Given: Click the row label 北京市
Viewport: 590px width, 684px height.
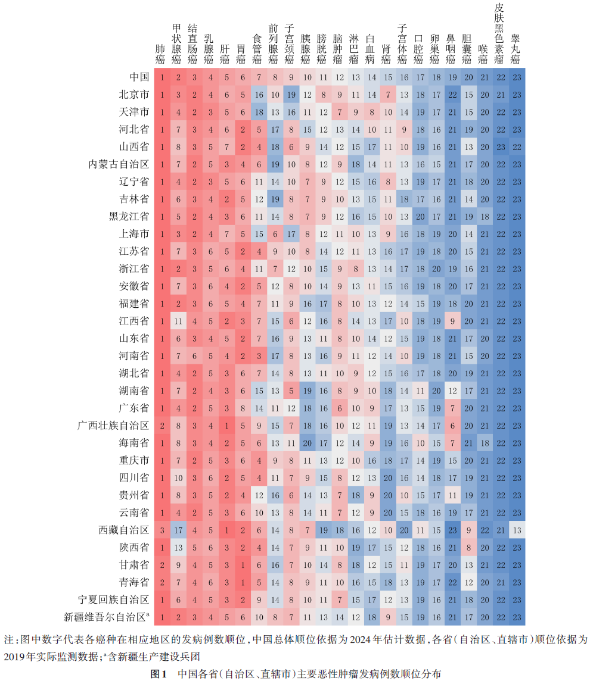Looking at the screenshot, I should [x=134, y=95].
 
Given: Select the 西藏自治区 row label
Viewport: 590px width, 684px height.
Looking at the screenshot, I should [x=123, y=530].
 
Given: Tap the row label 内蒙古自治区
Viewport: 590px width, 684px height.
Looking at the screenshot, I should [x=118, y=164].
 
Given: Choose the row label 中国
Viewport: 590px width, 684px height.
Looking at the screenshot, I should [x=139, y=77].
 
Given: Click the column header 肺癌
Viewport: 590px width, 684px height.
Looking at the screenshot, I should [x=161, y=54].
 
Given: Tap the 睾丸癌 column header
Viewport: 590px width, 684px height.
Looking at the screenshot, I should [x=516, y=48].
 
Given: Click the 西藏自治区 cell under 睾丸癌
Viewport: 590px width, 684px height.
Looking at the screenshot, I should [x=516, y=530].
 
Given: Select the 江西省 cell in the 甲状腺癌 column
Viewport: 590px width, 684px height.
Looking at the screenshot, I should [x=177, y=321].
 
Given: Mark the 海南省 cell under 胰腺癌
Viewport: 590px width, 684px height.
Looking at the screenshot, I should [x=306, y=443].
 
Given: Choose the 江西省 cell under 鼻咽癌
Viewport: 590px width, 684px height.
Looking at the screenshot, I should [x=451, y=321].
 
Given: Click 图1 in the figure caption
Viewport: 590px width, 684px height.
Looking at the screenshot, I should [x=158, y=674].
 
